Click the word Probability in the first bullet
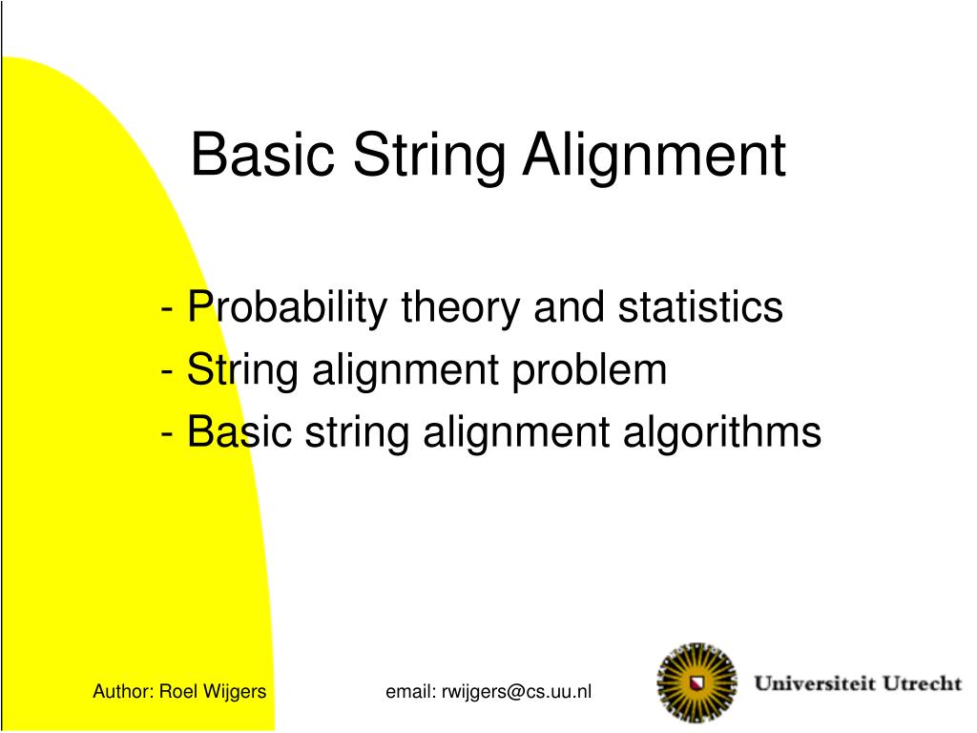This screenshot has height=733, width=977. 287,308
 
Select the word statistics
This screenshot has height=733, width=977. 700,308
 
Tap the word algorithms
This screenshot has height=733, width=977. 722,432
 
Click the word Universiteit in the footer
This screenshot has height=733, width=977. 813,684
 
